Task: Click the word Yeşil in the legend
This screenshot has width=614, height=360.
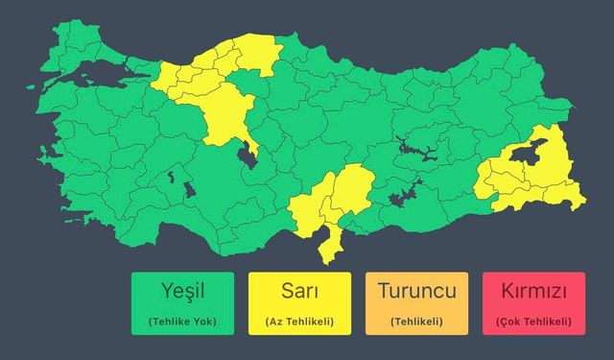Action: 183,290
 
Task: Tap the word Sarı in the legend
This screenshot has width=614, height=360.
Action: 299,290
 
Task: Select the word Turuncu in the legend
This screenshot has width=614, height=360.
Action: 416,290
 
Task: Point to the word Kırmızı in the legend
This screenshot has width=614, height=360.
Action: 534,290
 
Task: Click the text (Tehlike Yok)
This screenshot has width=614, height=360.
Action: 183,321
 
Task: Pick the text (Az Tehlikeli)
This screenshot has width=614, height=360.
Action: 299,321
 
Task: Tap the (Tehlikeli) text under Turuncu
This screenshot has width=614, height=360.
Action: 416,321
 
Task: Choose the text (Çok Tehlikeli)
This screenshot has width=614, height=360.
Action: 534,321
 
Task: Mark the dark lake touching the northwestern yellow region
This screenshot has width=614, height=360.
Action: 248,154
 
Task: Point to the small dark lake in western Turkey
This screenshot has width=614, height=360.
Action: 172,179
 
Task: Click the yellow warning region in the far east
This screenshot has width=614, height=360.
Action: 537,182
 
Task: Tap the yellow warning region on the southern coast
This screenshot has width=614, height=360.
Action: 331,206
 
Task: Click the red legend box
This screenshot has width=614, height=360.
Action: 534,303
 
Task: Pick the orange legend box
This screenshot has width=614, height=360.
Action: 416,303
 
